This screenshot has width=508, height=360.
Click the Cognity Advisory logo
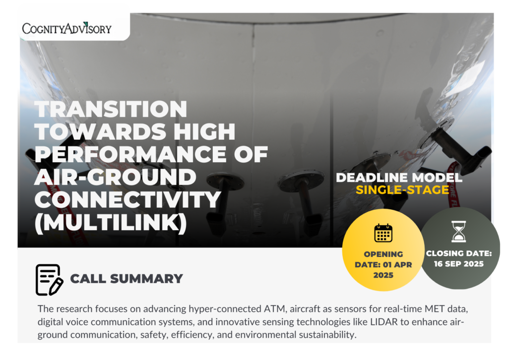[67, 28]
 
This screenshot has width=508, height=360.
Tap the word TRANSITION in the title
[111, 109]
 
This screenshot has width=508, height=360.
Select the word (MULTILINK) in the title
[111, 223]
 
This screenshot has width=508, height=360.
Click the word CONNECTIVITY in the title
[127, 200]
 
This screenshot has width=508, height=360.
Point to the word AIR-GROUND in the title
[115, 177]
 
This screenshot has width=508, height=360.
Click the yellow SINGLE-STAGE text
[402, 190]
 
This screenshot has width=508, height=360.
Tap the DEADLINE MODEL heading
[399, 178]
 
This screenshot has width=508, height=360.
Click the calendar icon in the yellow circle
[383, 233]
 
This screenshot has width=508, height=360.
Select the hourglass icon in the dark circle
[459, 232]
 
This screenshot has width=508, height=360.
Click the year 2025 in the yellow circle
[383, 275]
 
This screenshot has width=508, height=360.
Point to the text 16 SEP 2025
[459, 264]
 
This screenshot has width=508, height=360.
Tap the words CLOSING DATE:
[459, 253]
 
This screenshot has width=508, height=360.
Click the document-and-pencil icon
[49, 280]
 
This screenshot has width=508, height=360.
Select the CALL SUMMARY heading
[127, 279]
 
